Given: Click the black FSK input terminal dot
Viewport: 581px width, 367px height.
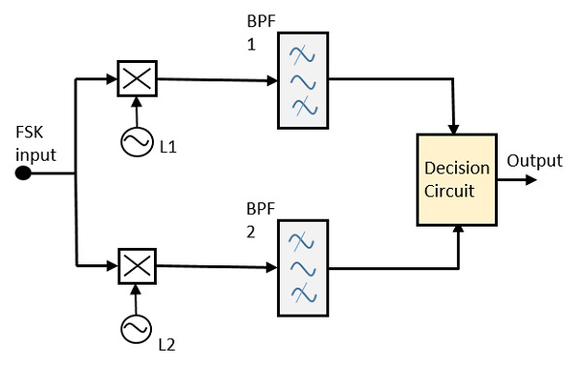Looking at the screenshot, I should point(23,174).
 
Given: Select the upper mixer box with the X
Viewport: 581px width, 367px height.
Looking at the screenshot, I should point(135,78).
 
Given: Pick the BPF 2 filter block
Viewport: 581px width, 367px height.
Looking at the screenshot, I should point(304,268).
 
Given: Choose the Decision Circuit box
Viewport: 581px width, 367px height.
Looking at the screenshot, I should point(456,178).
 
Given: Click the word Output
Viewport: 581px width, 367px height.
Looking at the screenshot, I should point(535,161).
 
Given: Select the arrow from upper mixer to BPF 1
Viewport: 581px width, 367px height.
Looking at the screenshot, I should point(213,80).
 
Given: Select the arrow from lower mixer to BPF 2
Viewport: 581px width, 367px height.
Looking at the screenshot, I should point(213,264).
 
